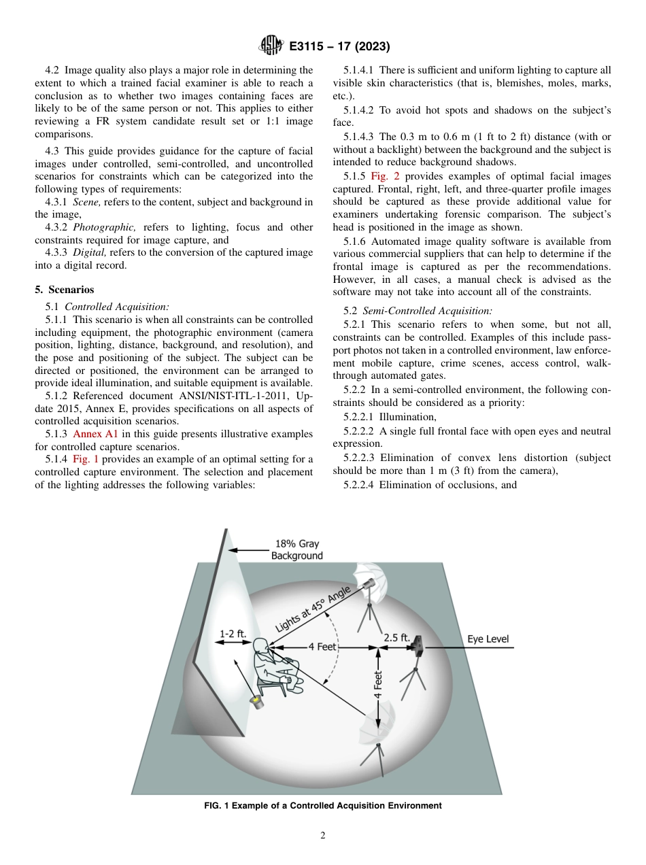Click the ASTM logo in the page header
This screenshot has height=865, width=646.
click(270, 46)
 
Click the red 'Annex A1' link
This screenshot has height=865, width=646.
click(95, 434)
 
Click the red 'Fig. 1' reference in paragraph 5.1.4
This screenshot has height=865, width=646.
click(85, 459)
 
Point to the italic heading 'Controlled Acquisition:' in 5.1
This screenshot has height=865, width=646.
click(117, 306)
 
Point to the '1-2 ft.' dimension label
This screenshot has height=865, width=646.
click(232, 633)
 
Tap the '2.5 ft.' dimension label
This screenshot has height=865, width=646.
click(396, 638)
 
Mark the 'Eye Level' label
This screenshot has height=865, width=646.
click(488, 639)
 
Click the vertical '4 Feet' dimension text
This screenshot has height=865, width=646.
click(378, 689)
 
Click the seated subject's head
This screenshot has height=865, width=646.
click(262, 645)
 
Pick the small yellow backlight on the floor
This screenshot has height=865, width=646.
click(258, 700)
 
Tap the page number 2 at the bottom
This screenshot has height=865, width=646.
click(323, 836)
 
